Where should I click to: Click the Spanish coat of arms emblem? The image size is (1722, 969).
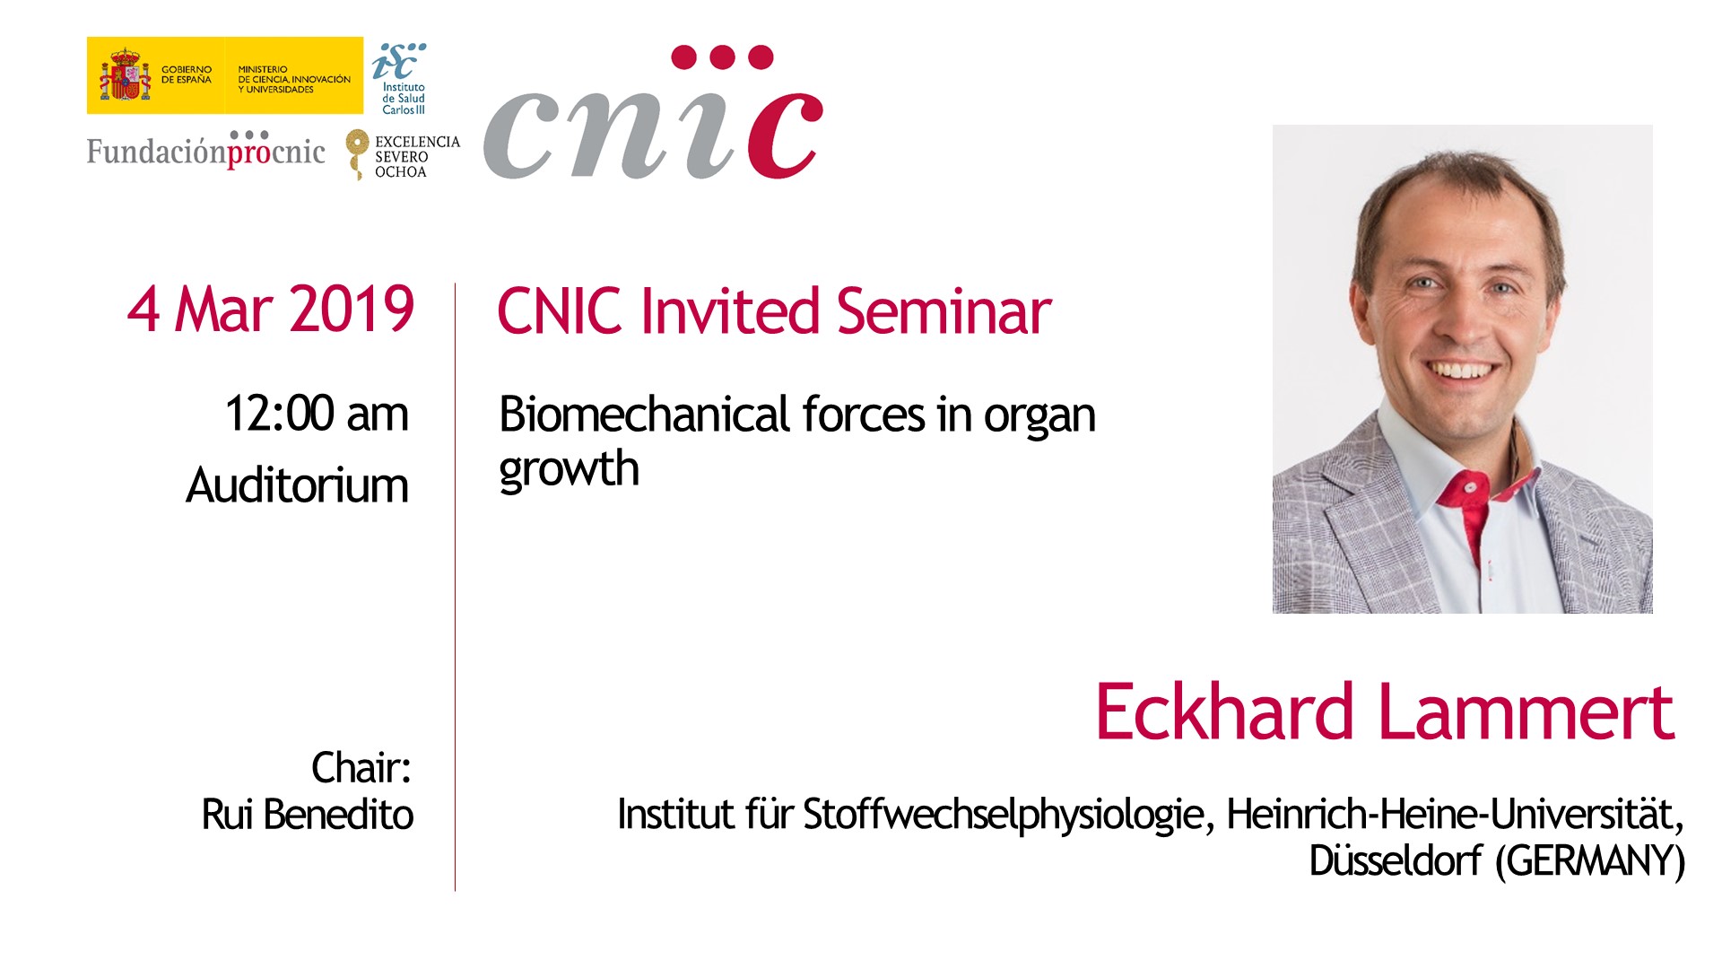coord(125,75)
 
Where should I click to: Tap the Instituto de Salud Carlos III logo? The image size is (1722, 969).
coord(400,79)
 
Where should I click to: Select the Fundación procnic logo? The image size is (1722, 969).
coord(206,150)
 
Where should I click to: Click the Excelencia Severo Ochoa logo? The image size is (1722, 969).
coord(403,154)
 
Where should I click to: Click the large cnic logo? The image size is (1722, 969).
coord(653,112)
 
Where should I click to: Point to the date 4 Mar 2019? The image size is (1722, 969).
coord(271,310)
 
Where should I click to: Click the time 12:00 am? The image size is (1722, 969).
coord(317,414)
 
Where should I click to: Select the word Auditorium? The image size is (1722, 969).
coord(297,485)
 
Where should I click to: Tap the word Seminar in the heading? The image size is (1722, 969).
coord(944,311)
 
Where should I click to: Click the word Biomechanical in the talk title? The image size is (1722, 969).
coord(644,415)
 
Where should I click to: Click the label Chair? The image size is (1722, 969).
coord(361,768)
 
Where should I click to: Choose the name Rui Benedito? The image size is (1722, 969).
coord(308,815)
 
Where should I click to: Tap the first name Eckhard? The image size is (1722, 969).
coord(1224,711)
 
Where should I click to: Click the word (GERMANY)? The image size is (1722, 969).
coord(1591,861)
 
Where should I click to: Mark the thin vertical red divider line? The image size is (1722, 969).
coord(455,587)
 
